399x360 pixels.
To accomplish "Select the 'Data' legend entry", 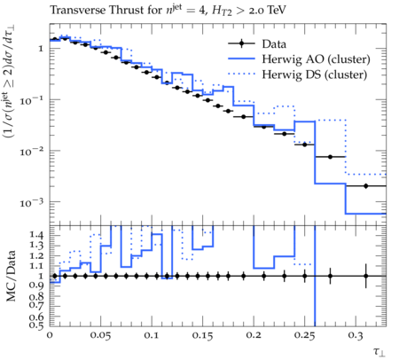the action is (x=274, y=44).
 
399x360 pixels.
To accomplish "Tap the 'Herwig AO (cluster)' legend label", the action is (x=316, y=59).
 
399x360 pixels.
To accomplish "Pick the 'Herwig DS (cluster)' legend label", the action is (x=315, y=74).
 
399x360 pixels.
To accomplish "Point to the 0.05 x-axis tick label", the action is (x=100, y=336).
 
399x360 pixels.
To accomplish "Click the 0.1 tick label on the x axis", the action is (x=152, y=336).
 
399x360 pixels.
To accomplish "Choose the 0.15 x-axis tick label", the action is (x=202, y=336).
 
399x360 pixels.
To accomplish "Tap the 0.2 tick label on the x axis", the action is (x=254, y=336).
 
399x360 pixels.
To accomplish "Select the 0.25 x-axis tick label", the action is (x=304, y=336).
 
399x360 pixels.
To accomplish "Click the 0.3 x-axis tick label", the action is (x=356, y=336).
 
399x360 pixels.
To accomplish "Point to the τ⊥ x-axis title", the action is (x=379, y=351).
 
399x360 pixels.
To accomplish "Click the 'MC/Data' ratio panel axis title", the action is (x=11, y=276).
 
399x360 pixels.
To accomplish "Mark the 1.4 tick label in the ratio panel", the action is (x=36, y=235).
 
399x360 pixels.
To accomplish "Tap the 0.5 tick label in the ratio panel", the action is (x=36, y=325).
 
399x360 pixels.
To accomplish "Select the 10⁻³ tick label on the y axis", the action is (x=31, y=202).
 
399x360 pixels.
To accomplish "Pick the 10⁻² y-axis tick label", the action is (x=31, y=151).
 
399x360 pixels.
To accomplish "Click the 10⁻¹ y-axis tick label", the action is (x=31, y=100).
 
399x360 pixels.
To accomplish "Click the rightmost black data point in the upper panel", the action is (x=366, y=186).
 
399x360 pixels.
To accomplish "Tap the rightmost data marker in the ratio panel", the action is (x=366, y=276).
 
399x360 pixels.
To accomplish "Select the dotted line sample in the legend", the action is (x=241, y=74).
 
